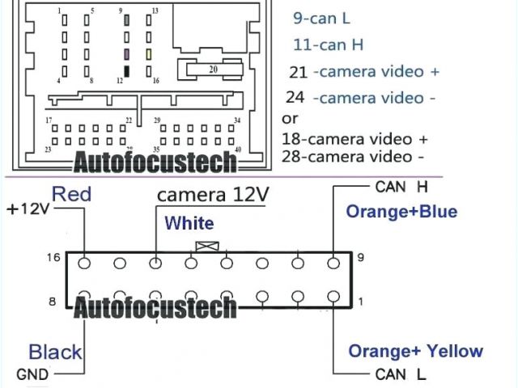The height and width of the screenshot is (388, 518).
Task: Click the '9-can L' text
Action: pyautogui.click(x=322, y=17)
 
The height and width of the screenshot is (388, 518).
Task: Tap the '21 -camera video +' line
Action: pyautogui.click(x=364, y=72)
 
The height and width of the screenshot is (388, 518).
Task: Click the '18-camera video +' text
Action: pyautogui.click(x=355, y=138)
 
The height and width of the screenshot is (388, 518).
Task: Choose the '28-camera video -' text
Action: pyautogui.click(x=354, y=156)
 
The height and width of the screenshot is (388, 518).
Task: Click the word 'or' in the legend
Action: pyautogui.click(x=289, y=118)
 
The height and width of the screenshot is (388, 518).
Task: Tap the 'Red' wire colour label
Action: pyautogui.click(x=71, y=193)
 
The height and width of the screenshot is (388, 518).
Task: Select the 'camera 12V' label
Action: pyautogui.click(x=212, y=195)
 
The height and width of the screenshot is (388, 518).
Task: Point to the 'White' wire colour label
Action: pyautogui.click(x=189, y=223)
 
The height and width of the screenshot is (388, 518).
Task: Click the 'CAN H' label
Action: pyautogui.click(x=401, y=188)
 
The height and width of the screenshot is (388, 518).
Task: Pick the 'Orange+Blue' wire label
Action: pyautogui.click(x=401, y=212)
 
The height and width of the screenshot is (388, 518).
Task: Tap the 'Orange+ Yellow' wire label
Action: pyautogui.click(x=415, y=351)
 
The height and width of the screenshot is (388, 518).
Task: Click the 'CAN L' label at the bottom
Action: pyautogui.click(x=401, y=374)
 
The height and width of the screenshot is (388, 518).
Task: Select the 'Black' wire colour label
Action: pyautogui.click(x=55, y=352)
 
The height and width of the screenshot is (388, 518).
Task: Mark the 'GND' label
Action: pyautogui.click(x=32, y=375)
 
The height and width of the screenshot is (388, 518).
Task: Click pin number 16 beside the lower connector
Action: pyautogui.click(x=53, y=257)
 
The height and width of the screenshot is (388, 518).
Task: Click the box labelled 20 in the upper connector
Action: pyautogui.click(x=213, y=70)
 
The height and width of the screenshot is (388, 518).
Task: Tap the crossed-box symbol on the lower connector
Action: pyautogui.click(x=208, y=247)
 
